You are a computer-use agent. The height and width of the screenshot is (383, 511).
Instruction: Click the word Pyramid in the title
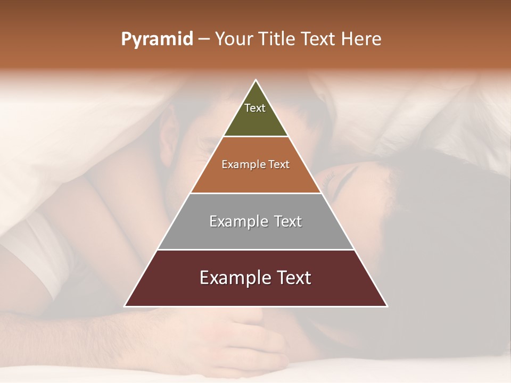tap(156, 39)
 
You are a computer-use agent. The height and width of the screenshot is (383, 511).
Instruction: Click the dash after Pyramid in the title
tap(203, 40)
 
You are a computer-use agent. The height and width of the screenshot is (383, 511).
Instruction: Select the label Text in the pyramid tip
tap(255, 108)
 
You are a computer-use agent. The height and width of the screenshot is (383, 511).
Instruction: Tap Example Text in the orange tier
tap(256, 164)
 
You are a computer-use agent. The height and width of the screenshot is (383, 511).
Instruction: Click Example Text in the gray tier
tap(256, 221)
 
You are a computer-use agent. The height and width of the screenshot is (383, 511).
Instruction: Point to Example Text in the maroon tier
tap(256, 278)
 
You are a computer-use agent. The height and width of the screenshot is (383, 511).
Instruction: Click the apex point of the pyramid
tap(256, 80)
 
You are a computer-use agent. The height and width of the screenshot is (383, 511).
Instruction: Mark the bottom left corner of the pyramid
tap(125, 306)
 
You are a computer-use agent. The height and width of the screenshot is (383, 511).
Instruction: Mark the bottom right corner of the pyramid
tap(387, 306)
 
